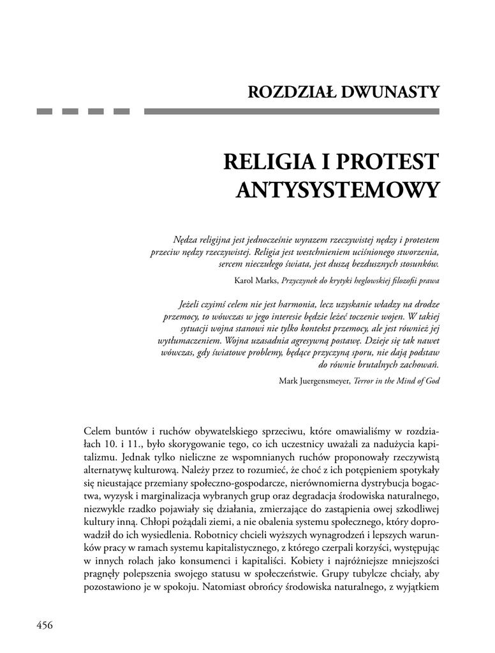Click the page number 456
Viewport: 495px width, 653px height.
(44, 624)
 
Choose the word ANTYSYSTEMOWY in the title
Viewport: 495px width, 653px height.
(338, 189)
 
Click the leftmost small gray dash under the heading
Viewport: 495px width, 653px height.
(44, 112)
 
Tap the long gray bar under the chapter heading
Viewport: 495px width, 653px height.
(292, 112)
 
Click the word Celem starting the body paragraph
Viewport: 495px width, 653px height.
(98, 431)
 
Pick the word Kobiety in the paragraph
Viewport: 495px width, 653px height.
(313, 561)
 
